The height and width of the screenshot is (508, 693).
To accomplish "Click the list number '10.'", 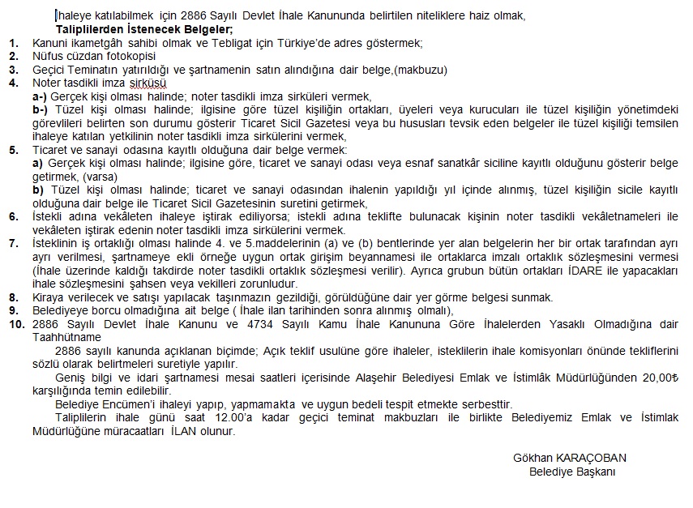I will (x=16, y=324).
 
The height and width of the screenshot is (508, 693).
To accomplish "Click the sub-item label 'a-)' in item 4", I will (x=41, y=96).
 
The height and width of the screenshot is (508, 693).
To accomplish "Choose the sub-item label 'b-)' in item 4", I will (x=41, y=109).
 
